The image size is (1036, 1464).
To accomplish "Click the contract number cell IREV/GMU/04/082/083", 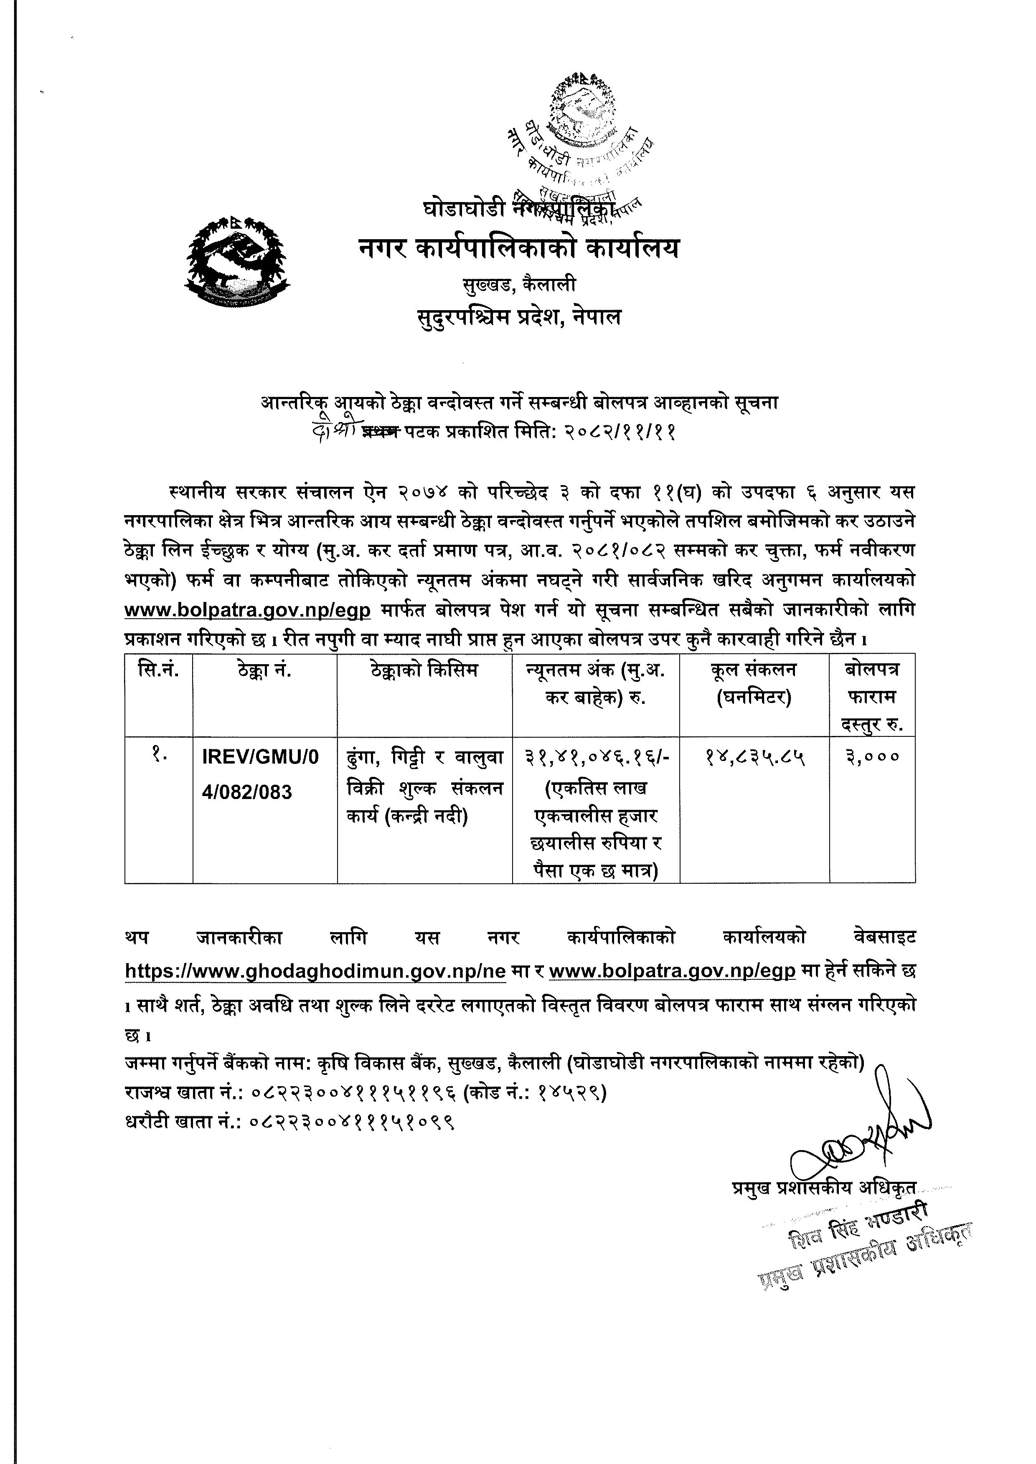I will click(260, 774).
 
